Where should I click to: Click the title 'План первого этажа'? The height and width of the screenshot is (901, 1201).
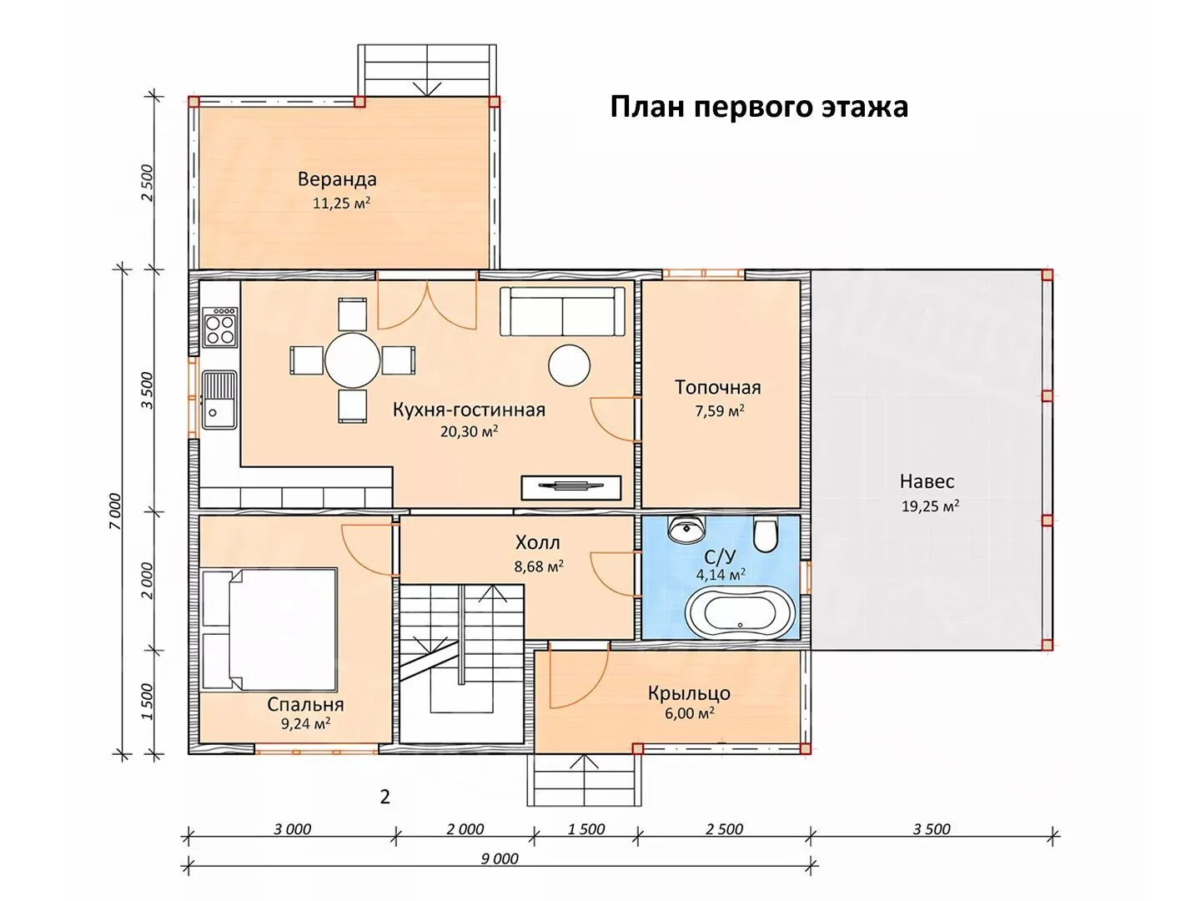point(759,108)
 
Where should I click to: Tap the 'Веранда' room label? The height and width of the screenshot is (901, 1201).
point(337,179)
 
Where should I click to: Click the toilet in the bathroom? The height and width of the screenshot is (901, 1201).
point(765,534)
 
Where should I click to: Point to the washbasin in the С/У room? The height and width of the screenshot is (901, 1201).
point(686,528)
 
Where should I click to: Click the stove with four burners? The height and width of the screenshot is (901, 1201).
point(220,327)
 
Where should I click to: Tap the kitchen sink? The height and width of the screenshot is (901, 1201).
point(219,400)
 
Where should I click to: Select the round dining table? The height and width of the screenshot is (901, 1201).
point(352,360)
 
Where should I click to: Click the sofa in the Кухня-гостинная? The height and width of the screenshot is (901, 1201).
point(562,311)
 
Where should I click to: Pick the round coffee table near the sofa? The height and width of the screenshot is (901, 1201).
point(570,365)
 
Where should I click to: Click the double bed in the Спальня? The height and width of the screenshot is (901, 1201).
point(269,629)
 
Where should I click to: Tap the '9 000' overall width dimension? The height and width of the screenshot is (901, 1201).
point(500,858)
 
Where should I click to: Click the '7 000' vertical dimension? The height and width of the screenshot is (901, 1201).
point(114,511)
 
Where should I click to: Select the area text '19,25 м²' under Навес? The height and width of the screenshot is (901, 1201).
point(930,506)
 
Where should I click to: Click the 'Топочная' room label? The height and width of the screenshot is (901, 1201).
point(718,387)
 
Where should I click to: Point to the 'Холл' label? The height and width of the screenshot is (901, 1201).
point(538,542)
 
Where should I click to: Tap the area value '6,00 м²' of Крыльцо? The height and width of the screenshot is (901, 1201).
point(689,713)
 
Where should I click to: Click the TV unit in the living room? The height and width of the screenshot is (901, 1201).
point(571,487)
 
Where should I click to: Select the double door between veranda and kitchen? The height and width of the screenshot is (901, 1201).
point(427,305)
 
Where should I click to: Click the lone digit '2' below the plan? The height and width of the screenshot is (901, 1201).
point(385,798)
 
